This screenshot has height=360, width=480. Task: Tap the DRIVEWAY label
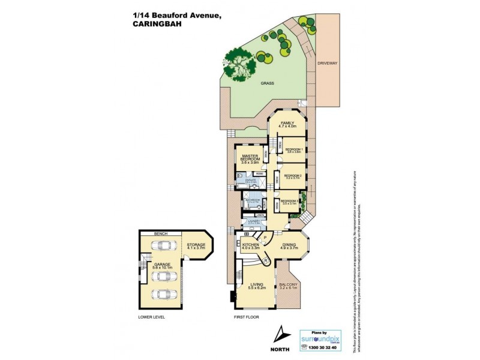coord(329,63)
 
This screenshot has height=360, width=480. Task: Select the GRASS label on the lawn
coord(268,85)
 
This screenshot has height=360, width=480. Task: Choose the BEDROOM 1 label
coord(293,149)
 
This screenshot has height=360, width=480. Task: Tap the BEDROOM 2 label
coord(292,175)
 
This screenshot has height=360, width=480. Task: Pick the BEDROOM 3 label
coord(290,200)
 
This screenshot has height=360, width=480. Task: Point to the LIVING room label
coord(257,284)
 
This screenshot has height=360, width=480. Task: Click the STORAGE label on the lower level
coord(196,245)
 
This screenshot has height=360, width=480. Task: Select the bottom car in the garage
coord(162,295)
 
